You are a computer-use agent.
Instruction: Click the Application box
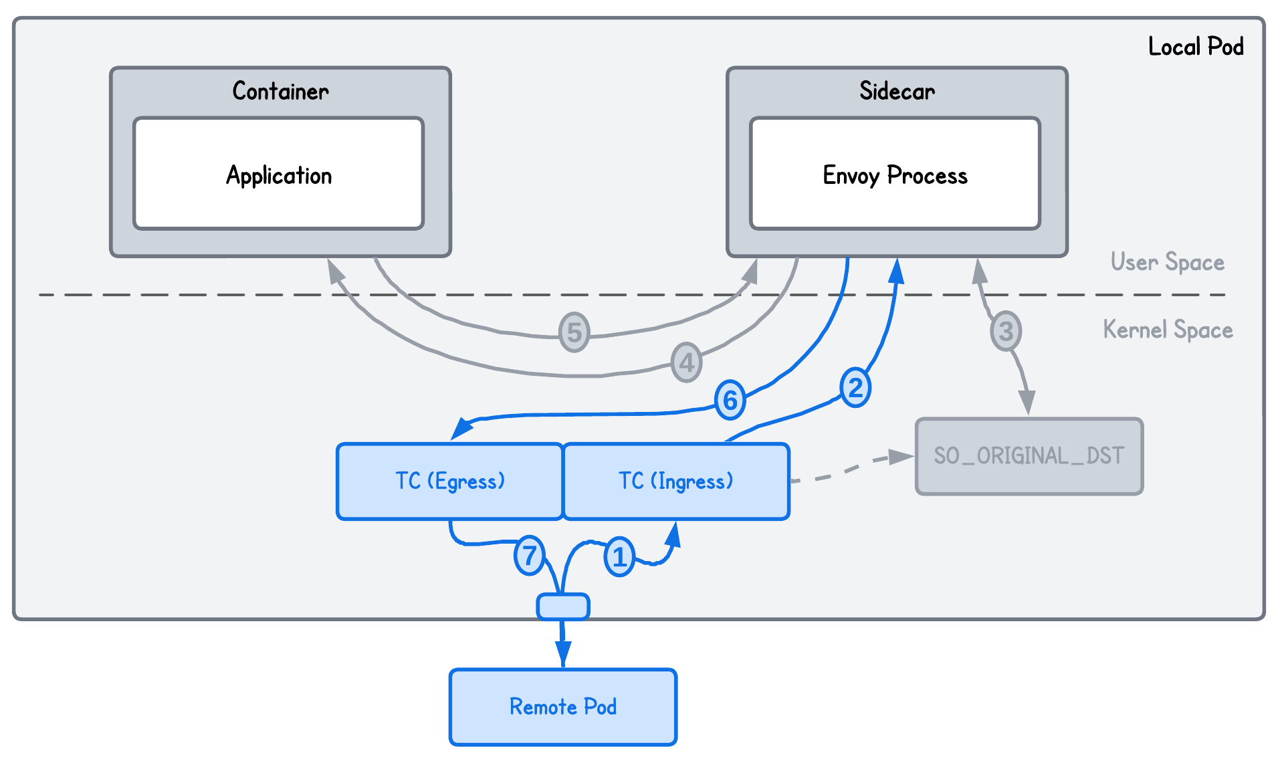tap(278, 175)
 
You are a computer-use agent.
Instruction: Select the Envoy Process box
tap(895, 175)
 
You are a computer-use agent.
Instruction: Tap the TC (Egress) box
tap(449, 481)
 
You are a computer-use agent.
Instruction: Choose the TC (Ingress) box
tap(676, 481)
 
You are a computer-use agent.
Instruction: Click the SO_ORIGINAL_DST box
tap(1029, 456)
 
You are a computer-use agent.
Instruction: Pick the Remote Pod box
tap(563, 707)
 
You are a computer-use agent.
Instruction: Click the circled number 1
tap(619, 556)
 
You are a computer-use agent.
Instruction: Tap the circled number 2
tap(855, 388)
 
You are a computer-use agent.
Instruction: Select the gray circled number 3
tap(1006, 331)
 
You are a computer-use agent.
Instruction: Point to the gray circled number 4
tap(687, 363)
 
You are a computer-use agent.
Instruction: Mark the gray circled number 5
tap(574, 332)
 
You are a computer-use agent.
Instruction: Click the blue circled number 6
tap(730, 400)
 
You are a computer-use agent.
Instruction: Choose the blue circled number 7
tap(529, 555)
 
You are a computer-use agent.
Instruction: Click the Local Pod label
tap(1196, 47)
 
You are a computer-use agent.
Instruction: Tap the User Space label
tap(1167, 262)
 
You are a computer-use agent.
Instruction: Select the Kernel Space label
tap(1168, 330)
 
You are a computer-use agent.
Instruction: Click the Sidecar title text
tap(897, 91)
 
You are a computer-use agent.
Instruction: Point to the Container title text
tap(280, 91)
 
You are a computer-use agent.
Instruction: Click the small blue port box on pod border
tap(563, 607)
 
